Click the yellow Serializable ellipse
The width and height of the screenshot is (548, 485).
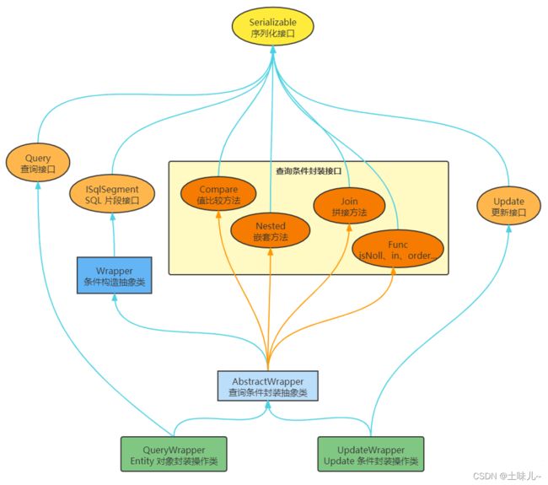tap(272, 27)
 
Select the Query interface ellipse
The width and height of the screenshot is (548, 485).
tap(38, 163)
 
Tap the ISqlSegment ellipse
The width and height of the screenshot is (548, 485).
tap(112, 194)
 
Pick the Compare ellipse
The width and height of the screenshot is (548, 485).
tap(218, 194)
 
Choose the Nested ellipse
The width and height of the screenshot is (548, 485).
tap(270, 231)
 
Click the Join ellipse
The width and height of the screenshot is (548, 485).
tap(349, 207)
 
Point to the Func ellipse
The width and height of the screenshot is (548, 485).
tap(398, 250)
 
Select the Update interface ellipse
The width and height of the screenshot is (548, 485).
tap(508, 207)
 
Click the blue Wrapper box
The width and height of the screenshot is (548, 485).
tap(115, 276)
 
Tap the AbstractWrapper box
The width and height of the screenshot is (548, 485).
tap(268, 386)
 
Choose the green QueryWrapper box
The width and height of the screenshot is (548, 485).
tap(174, 455)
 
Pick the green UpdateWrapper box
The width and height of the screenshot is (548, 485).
tap(371, 455)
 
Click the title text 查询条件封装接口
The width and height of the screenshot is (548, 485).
tap(309, 171)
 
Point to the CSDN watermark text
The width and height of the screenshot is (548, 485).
tap(507, 476)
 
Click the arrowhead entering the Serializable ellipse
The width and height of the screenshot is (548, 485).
tap(273, 50)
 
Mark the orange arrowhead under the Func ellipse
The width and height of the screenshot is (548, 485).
tap(393, 272)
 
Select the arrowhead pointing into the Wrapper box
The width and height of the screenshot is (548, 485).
tap(115, 298)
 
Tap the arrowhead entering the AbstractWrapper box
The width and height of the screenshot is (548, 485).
tap(268, 405)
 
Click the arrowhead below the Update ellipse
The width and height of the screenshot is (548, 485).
tap(509, 229)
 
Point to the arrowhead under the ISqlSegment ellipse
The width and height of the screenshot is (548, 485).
tap(113, 217)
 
